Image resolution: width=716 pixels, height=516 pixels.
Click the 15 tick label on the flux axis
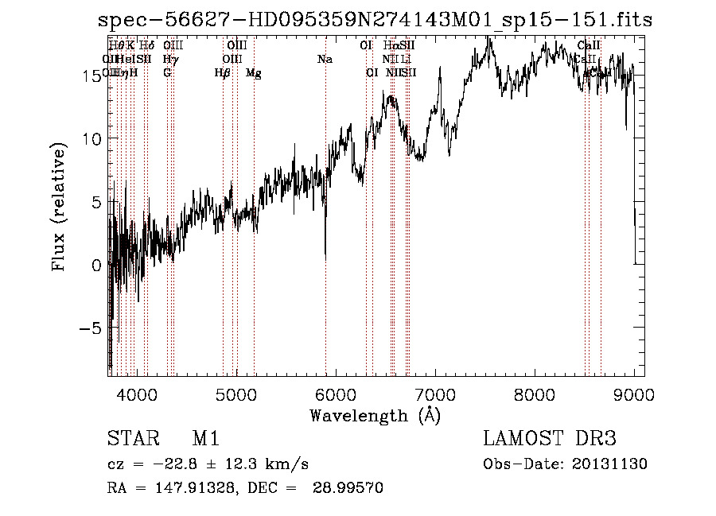click(92, 75)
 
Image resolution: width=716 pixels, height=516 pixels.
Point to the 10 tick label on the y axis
click(92, 138)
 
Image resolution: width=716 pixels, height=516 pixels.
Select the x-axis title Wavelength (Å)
click(375, 414)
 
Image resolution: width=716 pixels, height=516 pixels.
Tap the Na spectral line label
click(325, 59)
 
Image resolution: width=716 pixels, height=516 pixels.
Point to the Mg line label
click(254, 73)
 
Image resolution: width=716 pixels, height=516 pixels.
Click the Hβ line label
click(223, 73)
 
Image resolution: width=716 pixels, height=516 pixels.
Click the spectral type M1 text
click(205, 440)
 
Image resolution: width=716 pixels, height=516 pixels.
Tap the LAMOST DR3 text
click(549, 440)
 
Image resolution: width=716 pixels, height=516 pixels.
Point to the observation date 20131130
click(613, 464)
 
